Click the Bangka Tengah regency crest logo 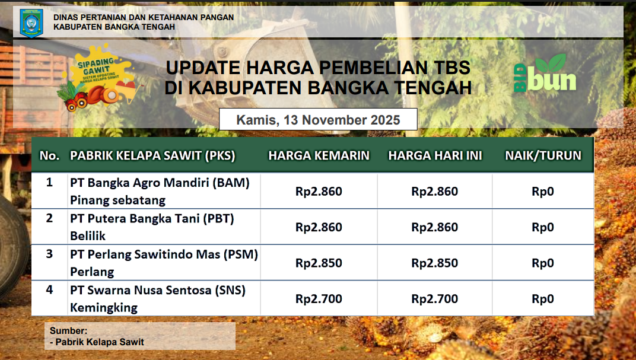click(x=31, y=23)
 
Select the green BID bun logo click(x=545, y=73)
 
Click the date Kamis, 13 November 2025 click(x=318, y=120)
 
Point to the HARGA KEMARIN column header click(x=319, y=155)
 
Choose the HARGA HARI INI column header click(x=435, y=155)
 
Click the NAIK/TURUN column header click(x=543, y=155)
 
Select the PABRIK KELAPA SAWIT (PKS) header click(x=152, y=155)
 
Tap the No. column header click(x=49, y=155)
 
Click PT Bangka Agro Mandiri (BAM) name click(x=160, y=183)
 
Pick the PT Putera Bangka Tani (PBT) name click(x=152, y=219)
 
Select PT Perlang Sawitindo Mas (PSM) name click(x=164, y=254)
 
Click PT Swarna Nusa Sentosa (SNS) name click(x=158, y=290)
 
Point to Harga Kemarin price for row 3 click(x=319, y=263)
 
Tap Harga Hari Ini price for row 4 click(x=435, y=299)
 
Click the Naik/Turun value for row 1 click(x=543, y=192)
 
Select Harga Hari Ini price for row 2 click(x=435, y=227)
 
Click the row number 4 click(x=49, y=290)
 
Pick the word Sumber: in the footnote click(x=69, y=330)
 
